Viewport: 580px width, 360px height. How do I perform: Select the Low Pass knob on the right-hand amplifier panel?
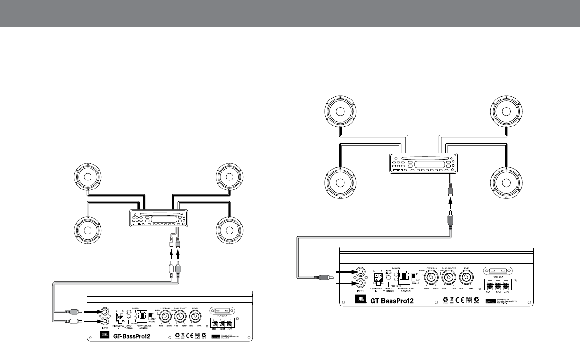click(x=430, y=276)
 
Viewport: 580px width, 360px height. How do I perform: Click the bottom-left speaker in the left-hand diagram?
click(x=88, y=229)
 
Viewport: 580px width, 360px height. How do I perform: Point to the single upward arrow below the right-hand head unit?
click(x=451, y=206)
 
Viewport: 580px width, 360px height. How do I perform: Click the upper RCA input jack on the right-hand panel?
click(x=361, y=272)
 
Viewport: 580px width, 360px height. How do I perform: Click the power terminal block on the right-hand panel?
click(x=498, y=286)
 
